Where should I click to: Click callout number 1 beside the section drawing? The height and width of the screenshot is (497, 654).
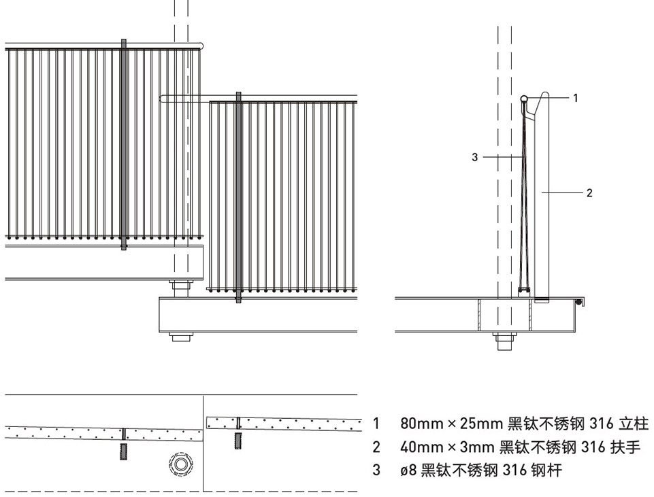(x=575, y=98)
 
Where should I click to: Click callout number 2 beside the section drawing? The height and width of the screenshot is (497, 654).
(x=589, y=193)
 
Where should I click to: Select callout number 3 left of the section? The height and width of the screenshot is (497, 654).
(x=474, y=158)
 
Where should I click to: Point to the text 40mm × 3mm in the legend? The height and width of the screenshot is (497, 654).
(x=446, y=447)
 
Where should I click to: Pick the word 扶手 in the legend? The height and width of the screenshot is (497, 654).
(x=625, y=447)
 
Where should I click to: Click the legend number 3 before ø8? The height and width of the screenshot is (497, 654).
(x=376, y=470)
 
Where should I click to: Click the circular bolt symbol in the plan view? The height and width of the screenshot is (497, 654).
(x=180, y=465)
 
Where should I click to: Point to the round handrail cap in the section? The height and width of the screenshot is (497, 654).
(x=525, y=99)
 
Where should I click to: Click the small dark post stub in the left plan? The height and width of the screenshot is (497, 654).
(x=123, y=451)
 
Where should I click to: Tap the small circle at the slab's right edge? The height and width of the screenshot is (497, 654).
(x=579, y=301)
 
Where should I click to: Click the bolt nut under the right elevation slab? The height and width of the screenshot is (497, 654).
(x=180, y=336)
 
